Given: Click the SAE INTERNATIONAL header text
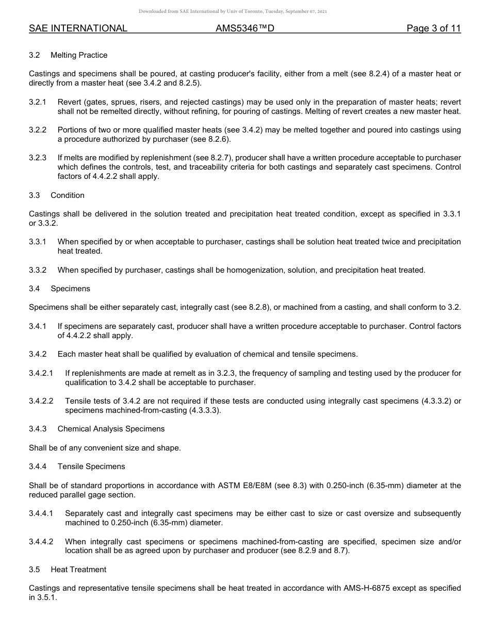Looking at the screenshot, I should (78, 29).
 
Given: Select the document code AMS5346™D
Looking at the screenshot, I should (244, 29).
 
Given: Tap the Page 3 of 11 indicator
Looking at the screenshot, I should (433, 29).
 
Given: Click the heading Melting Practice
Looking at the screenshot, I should (79, 55).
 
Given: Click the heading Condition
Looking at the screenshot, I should (68, 195).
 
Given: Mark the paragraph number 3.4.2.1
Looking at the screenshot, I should (41, 373).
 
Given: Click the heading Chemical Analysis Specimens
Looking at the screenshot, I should (111, 429).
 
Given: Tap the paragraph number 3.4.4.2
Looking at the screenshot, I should (41, 542).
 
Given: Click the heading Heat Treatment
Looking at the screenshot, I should (78, 570).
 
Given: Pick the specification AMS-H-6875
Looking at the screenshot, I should (365, 588).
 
